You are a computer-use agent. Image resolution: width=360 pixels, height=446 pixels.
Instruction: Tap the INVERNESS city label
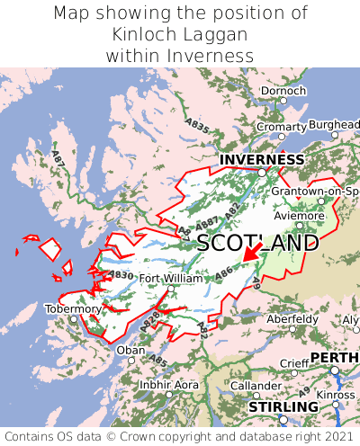pyautogui.click(x=261, y=159)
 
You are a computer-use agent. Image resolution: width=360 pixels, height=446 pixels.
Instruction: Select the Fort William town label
pyautogui.click(x=171, y=278)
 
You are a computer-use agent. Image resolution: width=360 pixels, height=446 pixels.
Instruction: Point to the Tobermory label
pyautogui.click(x=74, y=308)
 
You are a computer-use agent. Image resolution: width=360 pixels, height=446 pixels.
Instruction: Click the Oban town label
pyautogui.click(x=130, y=350)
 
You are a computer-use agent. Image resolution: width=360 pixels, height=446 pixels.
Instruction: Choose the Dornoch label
pyautogui.click(x=283, y=91)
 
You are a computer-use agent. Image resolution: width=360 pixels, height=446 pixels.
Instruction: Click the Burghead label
pyautogui.click(x=334, y=124)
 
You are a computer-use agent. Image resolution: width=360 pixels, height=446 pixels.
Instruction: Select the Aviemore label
pyautogui.click(x=298, y=216)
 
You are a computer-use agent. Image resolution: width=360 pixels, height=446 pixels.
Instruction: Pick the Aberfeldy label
pyautogui.click(x=292, y=318)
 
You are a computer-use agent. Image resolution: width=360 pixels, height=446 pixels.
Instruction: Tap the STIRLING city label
pyautogui.click(x=283, y=407)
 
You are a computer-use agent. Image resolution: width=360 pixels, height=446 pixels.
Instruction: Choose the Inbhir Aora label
pyautogui.click(x=168, y=384)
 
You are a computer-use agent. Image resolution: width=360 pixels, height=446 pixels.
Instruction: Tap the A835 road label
pyautogui.click(x=197, y=123)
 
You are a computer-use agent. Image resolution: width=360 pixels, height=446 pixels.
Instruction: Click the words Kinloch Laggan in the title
pyautogui.click(x=180, y=34)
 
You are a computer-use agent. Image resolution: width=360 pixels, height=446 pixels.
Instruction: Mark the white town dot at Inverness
pyautogui.click(x=261, y=172)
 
